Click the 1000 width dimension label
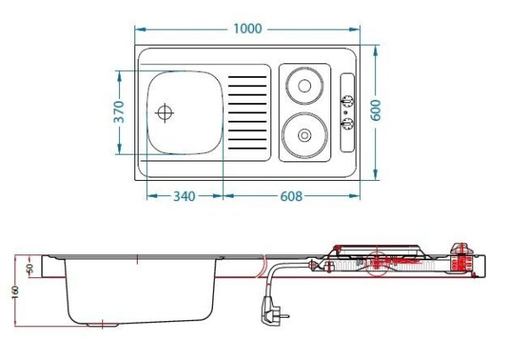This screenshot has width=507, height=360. tap(247, 29)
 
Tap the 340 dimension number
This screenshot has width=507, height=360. tap(184, 196)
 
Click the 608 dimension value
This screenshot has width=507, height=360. tap(291, 196)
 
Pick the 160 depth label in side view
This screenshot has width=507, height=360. tap(14, 291)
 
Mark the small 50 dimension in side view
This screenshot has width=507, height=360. tap(30, 268)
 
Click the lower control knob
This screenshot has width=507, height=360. tap(346, 124)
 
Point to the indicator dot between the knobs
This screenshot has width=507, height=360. tap(346, 112)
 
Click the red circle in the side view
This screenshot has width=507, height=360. tap(378, 265)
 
